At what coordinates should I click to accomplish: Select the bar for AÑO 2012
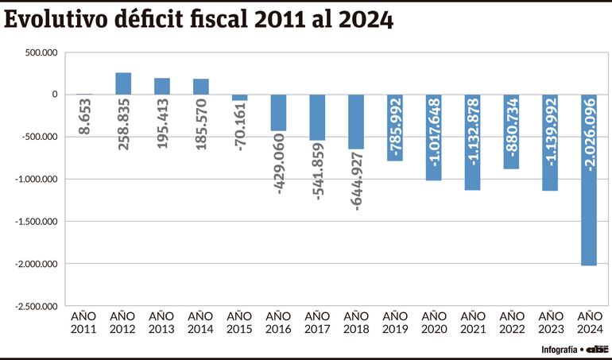[123, 83]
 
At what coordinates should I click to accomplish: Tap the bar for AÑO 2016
[278, 113]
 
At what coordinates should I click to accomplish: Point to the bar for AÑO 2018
[356, 122]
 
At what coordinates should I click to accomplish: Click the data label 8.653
[84, 115]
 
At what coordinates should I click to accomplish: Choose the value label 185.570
[201, 122]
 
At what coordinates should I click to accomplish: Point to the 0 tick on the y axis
[54, 95]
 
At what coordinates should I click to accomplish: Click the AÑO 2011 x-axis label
[84, 322]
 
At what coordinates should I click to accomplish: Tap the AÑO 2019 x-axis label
[394, 322]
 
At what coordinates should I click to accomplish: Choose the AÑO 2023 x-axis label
[550, 322]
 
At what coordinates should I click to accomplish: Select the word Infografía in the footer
[559, 350]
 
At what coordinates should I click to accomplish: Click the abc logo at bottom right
[597, 349]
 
